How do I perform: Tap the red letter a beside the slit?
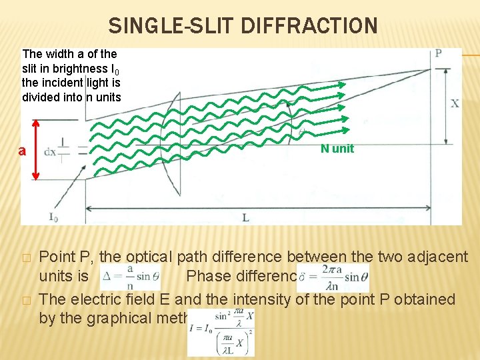click(22, 151)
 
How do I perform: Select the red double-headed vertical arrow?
click(36, 149)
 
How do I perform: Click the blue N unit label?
click(337, 149)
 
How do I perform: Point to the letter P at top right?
click(439, 53)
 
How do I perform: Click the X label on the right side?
click(455, 103)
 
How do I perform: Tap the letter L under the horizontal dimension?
click(246, 217)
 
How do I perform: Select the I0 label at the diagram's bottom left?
click(53, 216)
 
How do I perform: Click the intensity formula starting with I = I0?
click(221, 332)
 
